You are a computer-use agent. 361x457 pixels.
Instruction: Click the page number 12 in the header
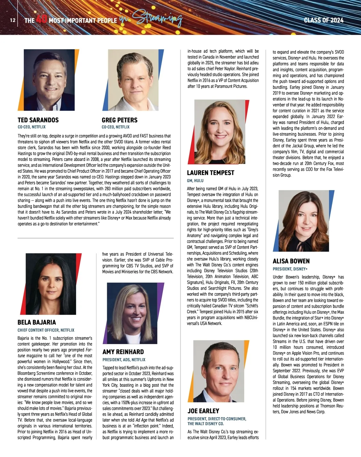coord(12,20)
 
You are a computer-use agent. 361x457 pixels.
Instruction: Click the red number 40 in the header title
coord(42,20)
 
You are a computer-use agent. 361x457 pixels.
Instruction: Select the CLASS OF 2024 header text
coord(323,20)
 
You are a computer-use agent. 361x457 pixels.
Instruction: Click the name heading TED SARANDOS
coord(38,120)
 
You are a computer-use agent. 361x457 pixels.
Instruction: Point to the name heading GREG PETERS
coord(119,120)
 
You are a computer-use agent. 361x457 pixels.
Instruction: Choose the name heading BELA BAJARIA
coord(37,322)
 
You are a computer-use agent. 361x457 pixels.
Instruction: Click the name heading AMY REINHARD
coord(123,352)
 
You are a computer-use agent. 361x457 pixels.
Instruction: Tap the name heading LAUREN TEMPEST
coord(210,173)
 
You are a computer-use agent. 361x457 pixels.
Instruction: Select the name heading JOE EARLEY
coord(203,411)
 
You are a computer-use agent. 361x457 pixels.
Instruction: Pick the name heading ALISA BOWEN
coord(291,261)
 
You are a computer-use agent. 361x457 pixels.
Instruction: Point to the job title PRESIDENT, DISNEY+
coord(290,269)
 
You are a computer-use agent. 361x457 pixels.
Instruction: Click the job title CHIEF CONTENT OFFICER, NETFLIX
coord(46,330)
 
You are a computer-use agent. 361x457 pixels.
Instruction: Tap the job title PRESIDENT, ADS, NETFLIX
coord(124,360)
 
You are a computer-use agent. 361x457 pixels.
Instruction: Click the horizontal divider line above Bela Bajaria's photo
coord(96,238)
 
